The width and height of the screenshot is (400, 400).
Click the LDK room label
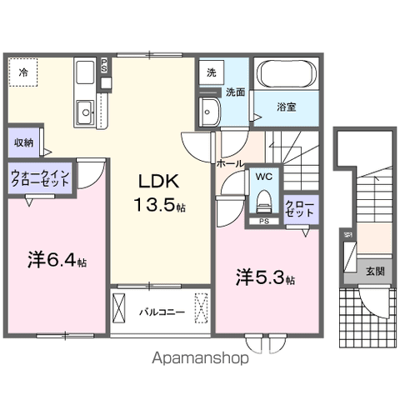(156, 182)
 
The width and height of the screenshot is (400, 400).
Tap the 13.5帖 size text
(157, 205)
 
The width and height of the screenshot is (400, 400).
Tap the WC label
(264, 177)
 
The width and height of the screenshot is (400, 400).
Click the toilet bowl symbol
(264, 200)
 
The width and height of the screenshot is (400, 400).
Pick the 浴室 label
(286, 107)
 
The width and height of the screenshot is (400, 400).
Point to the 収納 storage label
(22, 142)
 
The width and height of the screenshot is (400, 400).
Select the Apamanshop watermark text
(199, 360)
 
